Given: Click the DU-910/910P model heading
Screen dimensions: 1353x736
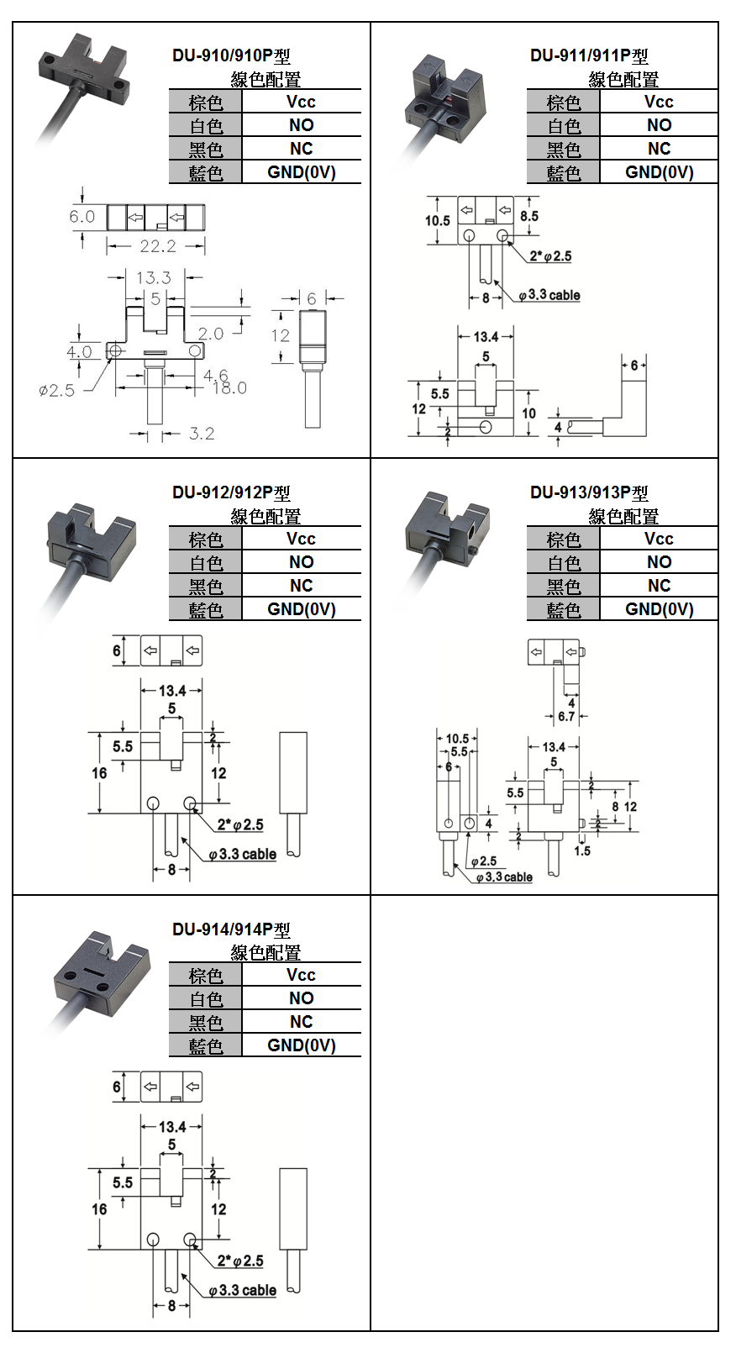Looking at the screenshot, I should point(231,56).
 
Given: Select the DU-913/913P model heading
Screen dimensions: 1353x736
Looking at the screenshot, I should point(589,492).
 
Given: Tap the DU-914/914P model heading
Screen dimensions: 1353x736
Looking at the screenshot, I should point(231,929).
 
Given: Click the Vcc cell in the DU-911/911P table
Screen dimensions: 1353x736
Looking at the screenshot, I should point(659,102).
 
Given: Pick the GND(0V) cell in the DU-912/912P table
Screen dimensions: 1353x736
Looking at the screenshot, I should point(301,609).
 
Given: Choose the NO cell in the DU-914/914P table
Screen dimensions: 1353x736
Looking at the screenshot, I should point(301,998).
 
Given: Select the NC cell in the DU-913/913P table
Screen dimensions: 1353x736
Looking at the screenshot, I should point(659,586).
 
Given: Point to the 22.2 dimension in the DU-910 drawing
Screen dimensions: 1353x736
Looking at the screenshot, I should point(158,246).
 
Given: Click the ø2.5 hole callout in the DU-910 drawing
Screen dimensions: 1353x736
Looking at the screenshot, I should point(56,390).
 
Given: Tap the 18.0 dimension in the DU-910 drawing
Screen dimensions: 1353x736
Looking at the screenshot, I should point(229,388).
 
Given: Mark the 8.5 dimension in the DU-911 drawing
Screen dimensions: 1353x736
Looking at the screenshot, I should point(528,216).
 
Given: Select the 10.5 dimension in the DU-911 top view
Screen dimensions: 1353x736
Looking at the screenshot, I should point(437,220).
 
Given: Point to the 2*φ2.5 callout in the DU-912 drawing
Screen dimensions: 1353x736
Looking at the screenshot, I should point(240,825).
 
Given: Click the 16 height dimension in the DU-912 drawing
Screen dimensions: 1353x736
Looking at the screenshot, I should point(99,773).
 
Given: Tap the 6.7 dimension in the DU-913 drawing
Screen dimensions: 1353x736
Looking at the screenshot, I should point(566,717).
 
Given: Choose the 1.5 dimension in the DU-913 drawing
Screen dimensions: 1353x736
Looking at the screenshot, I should point(582,850).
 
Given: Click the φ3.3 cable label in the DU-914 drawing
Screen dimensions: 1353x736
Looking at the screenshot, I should point(243,1290).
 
